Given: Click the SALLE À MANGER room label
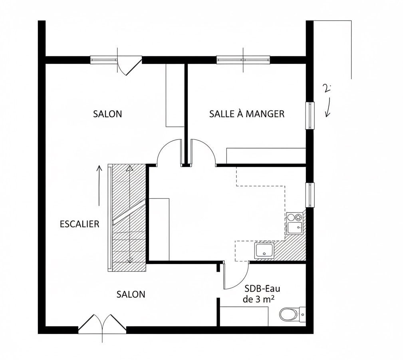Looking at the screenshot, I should (247, 114).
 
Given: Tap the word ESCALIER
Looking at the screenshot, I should (79, 224).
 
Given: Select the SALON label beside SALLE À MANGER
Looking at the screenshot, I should (107, 114).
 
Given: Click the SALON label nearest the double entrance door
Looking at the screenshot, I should (131, 294).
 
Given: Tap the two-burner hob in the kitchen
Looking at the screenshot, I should (295, 218).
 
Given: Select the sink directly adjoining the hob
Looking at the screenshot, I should (295, 228).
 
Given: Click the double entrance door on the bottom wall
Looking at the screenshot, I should (102, 324).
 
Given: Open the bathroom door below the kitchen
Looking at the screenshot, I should (236, 276).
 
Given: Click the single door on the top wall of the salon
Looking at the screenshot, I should (129, 65).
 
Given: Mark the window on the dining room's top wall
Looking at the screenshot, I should (243, 60).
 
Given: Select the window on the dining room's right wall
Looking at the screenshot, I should (310, 115).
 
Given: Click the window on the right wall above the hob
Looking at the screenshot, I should (310, 195).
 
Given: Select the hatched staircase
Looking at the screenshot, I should (128, 218).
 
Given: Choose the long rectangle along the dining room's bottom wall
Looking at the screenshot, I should (266, 155).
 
